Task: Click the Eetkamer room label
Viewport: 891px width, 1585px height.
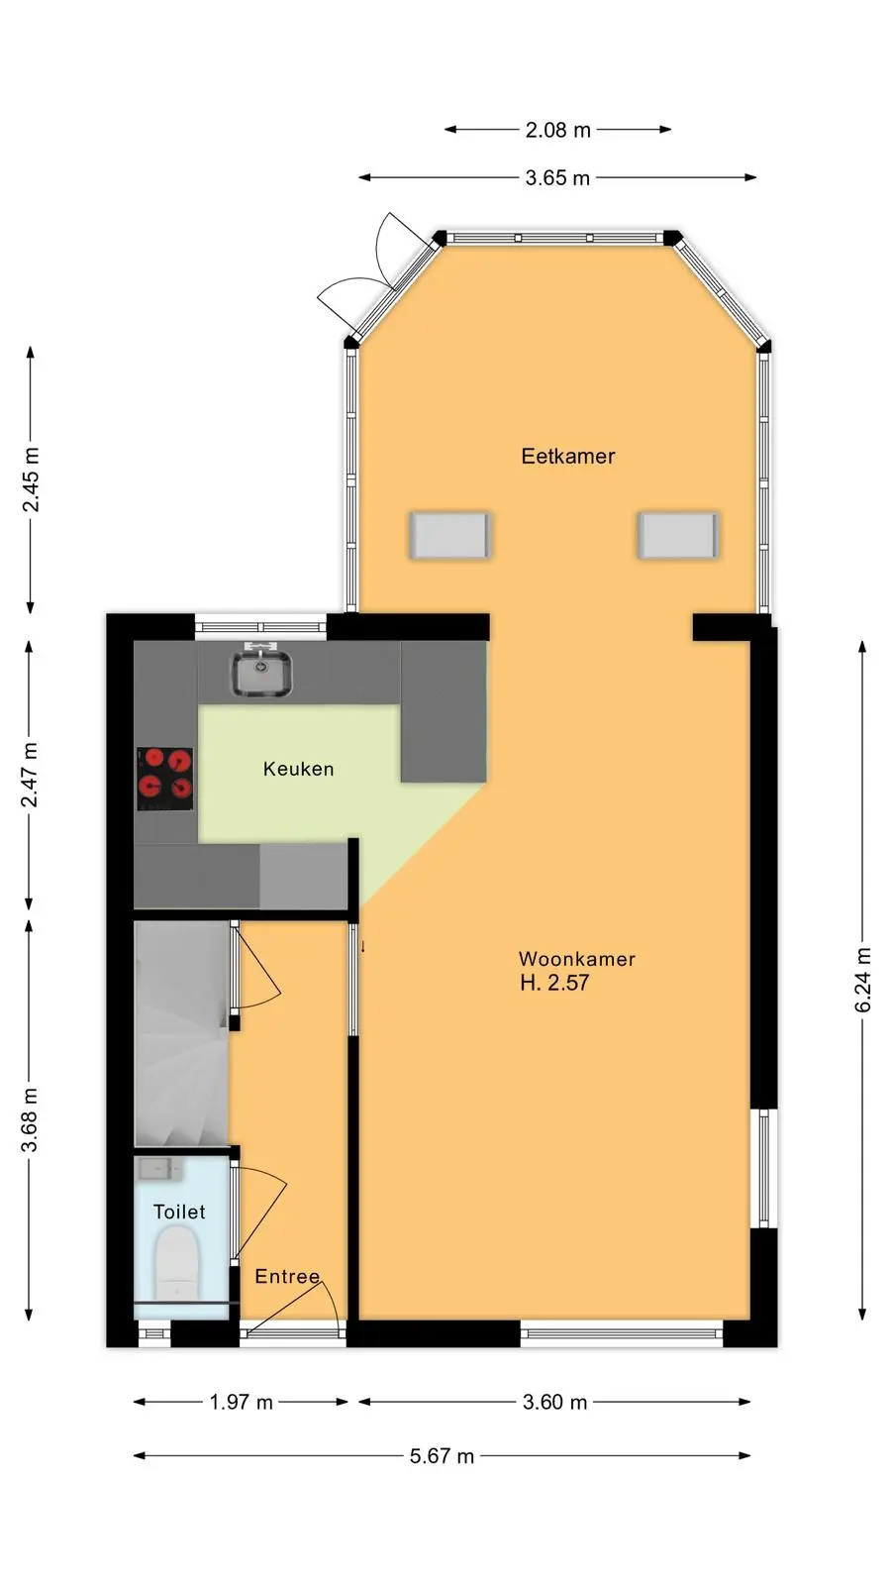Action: click(x=568, y=457)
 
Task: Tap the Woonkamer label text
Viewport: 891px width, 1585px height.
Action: click(x=577, y=959)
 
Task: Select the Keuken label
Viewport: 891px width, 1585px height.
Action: click(x=298, y=769)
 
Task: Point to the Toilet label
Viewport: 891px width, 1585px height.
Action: click(x=179, y=1213)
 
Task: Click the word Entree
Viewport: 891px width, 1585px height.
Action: click(x=287, y=1277)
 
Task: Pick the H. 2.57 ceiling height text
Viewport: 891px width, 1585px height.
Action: click(x=554, y=983)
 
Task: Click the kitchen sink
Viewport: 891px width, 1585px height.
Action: click(x=261, y=674)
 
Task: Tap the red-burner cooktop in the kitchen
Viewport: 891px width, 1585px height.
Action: click(x=164, y=779)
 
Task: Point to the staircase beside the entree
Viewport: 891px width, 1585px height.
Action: click(x=182, y=1033)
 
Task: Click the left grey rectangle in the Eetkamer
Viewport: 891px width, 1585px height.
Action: click(x=449, y=536)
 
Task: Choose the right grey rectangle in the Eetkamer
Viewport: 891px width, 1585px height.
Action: click(x=679, y=536)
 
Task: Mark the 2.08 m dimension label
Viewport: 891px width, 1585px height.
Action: click(x=558, y=130)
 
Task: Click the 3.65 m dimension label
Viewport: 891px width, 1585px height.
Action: click(x=557, y=177)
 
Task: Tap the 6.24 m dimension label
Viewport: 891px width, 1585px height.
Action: click(x=862, y=980)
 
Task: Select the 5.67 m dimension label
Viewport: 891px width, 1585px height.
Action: click(x=442, y=1456)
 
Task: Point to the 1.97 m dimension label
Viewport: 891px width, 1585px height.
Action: click(x=242, y=1403)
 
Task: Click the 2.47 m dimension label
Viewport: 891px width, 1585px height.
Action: click(x=30, y=776)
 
